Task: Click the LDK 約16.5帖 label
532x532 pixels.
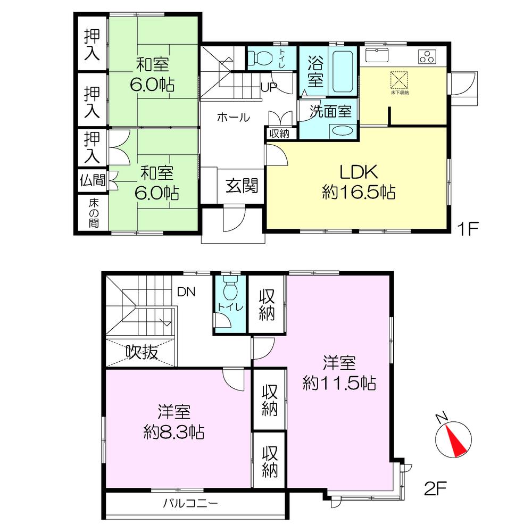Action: point(358,182)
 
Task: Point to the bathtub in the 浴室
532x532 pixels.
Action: point(344,72)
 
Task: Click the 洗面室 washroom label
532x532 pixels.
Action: point(331,112)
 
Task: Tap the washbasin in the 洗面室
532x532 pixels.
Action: point(343,131)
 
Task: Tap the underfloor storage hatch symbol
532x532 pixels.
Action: point(398,80)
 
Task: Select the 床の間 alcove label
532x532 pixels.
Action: point(93,212)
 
